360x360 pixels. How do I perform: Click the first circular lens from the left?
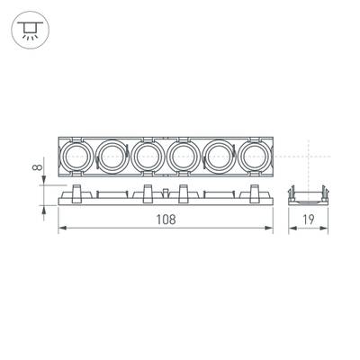78,158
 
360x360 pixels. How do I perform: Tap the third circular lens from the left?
148,158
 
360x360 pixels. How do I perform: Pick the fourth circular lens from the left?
184,158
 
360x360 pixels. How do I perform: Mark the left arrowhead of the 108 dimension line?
62,230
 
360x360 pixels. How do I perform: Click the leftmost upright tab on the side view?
76,191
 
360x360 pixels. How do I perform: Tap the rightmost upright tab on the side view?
256,191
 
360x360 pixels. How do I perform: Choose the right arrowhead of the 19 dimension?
326,230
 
